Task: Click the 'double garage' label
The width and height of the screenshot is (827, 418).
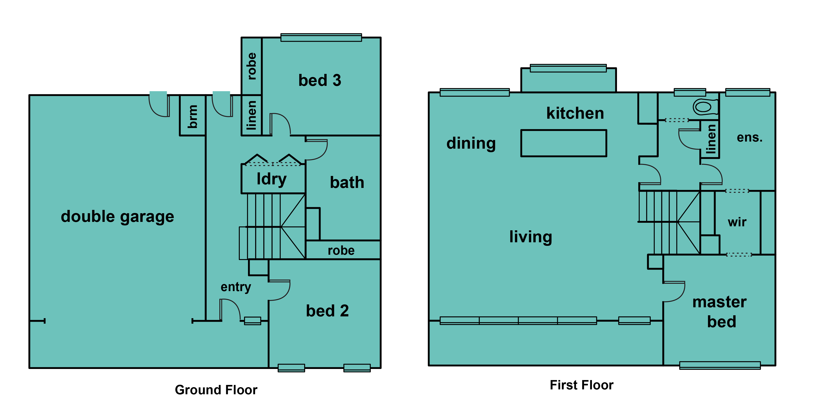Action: [x=117, y=217]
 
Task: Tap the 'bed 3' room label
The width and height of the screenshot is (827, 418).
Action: [x=320, y=80]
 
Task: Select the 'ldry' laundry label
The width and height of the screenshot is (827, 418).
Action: [x=272, y=179]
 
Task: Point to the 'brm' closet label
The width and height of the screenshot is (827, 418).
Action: [x=192, y=116]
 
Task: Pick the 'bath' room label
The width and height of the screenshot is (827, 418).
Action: [x=347, y=183]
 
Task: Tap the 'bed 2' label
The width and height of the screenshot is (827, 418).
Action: [x=327, y=311]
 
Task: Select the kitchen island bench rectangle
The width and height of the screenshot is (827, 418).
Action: [x=564, y=143]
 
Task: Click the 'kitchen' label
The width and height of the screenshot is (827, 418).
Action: [x=575, y=113]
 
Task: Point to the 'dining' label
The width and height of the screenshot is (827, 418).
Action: [x=471, y=143]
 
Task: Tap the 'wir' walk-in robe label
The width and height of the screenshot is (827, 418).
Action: [x=737, y=222]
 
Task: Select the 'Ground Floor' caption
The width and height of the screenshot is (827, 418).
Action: [x=216, y=390]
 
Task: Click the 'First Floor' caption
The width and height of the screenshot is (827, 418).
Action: [x=582, y=385]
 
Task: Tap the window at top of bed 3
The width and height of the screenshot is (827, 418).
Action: [x=321, y=37]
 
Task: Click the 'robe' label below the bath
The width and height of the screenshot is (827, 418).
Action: [x=341, y=250]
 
